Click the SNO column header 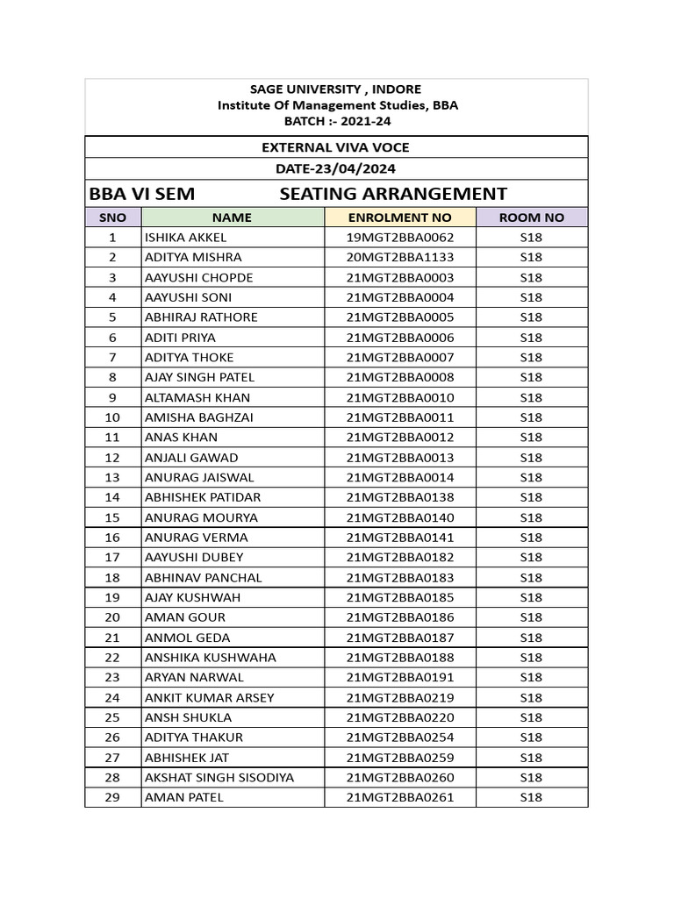click(x=112, y=217)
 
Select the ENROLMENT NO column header click(x=399, y=217)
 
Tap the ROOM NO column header click(x=531, y=217)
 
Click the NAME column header click(x=232, y=217)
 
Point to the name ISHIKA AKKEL click(x=185, y=238)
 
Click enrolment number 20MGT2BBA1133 click(x=399, y=258)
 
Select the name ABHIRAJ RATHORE click(x=201, y=317)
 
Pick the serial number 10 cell click(x=112, y=417)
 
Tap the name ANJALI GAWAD click(x=190, y=458)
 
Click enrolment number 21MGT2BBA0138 click(x=399, y=497)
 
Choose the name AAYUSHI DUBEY click(x=194, y=558)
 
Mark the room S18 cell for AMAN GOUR click(x=531, y=617)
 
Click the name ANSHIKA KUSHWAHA click(x=210, y=658)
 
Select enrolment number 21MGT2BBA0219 click(x=399, y=698)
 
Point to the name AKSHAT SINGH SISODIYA click(x=219, y=778)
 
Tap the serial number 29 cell click(x=112, y=798)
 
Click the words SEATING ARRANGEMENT click(x=393, y=194)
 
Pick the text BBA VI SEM click(x=142, y=194)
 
